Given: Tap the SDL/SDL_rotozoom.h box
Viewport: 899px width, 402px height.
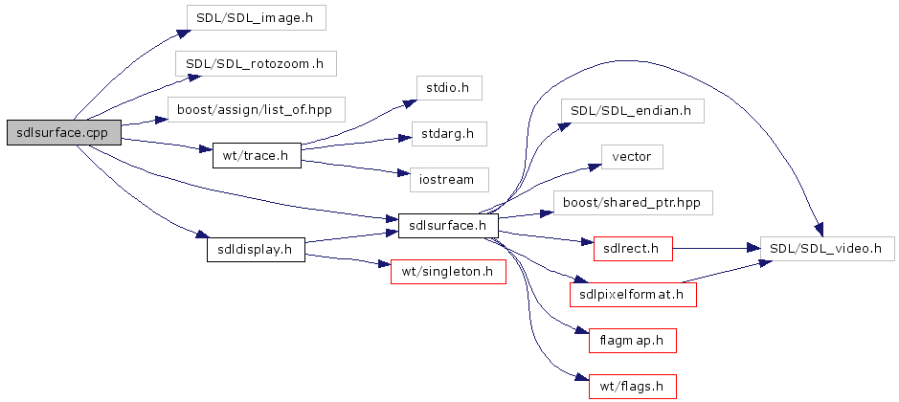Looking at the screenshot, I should point(256,64).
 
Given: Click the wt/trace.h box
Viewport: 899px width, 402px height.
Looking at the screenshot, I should point(256,155).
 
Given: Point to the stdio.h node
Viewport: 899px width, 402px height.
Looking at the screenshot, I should point(448,87).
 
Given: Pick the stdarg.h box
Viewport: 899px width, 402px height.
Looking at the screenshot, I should point(448,133).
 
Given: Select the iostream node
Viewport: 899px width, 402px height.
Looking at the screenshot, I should point(448,179).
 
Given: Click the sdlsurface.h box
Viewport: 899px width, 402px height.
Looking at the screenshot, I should point(448,227).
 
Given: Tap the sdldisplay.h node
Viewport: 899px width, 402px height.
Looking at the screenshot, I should point(256,250).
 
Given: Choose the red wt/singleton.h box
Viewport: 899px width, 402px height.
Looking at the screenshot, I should point(448,272).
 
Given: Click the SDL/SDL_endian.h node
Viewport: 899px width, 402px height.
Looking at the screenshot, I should point(632,110).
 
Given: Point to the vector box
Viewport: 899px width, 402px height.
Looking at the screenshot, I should point(632,156).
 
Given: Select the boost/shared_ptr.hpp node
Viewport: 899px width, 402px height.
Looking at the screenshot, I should point(632,202).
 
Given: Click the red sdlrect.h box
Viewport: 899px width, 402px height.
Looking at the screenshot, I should point(632,249).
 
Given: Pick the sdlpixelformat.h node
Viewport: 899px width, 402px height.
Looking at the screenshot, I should point(632,294).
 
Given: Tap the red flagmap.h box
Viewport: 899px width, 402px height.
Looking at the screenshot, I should point(632,340).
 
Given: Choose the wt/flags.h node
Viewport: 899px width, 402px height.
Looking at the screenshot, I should point(632,386).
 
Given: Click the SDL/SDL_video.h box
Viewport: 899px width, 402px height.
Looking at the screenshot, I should point(825,249).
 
